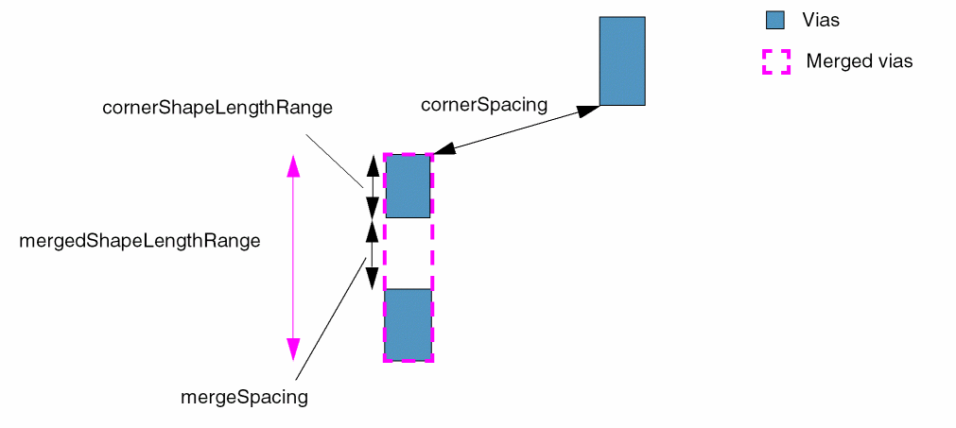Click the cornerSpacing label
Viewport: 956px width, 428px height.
[x=483, y=105]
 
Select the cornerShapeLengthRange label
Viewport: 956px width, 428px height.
[x=217, y=108]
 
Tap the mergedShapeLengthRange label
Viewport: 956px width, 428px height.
[x=139, y=241]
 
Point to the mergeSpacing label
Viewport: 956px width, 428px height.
[x=244, y=398]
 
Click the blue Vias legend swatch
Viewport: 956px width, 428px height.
[x=775, y=20]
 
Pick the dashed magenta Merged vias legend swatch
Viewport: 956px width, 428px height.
[x=775, y=62]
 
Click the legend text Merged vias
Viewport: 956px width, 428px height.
[x=859, y=62]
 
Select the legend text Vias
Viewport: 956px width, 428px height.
[x=820, y=20]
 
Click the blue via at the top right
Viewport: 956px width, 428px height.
[x=622, y=60]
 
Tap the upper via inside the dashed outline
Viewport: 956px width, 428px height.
[x=408, y=186]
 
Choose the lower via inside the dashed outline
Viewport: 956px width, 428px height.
[x=408, y=324]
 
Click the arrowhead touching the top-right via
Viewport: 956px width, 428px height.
[x=588, y=110]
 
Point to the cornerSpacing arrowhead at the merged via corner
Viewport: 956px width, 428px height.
[x=443, y=149]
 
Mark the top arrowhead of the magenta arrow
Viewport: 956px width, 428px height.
[x=293, y=166]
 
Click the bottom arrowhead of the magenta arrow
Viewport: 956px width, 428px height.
[x=293, y=349]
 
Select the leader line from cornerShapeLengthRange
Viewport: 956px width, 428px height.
[x=334, y=160]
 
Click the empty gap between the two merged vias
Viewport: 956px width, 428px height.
[x=408, y=253]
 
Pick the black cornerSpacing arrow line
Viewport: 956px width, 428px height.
[x=515, y=129]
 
